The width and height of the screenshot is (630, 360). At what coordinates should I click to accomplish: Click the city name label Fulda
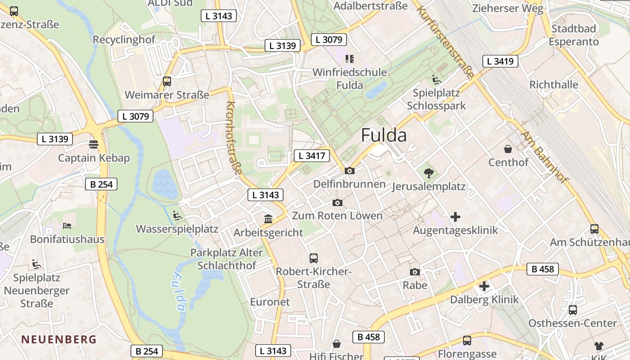pos(384,135)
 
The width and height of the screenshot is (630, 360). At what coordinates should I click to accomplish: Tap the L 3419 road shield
pos(500,61)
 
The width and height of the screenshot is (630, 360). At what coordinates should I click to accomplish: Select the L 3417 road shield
pos(312,156)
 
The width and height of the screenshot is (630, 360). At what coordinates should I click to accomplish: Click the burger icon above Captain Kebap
pos(94,144)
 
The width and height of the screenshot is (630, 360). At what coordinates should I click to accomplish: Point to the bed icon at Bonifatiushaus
pos(67,225)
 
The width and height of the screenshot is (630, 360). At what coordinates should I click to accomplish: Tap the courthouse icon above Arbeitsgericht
pos(268,219)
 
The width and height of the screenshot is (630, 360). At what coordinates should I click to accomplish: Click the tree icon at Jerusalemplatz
pos(428,172)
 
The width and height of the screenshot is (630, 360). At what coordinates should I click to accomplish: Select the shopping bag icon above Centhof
pos(508,148)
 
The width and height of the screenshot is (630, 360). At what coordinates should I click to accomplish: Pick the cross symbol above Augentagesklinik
pos(455,217)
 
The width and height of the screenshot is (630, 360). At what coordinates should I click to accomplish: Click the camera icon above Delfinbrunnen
pos(349,171)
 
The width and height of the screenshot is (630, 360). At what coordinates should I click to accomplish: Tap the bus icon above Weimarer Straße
pos(167,81)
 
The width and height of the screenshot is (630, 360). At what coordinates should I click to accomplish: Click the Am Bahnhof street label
pos(544,157)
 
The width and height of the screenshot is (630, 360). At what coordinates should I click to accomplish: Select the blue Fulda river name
pos(178,292)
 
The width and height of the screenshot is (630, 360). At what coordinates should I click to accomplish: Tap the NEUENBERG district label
pos(59,339)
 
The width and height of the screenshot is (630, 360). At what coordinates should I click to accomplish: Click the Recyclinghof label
pos(124,40)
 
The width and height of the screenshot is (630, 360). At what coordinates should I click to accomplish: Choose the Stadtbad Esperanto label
pos(574,35)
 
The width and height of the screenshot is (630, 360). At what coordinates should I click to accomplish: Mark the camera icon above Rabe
pos(415,272)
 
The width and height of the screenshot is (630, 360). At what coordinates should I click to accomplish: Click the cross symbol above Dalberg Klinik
pos(484,286)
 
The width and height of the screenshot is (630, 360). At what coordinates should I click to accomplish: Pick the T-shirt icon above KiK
pos(598,346)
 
